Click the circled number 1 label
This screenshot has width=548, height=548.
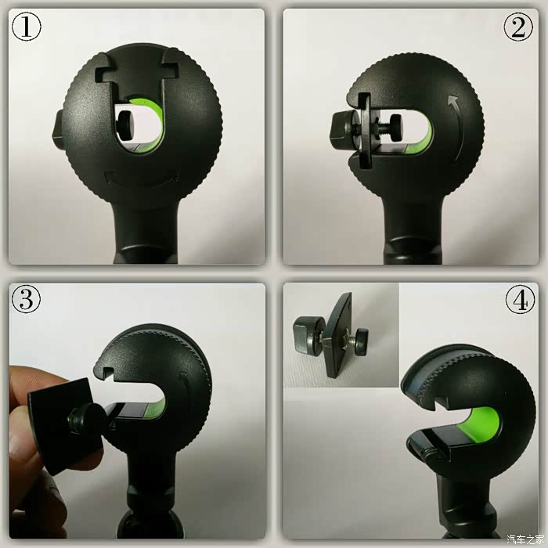(27, 27)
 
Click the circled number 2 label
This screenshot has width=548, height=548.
(518, 27)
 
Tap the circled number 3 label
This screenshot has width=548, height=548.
(26, 299)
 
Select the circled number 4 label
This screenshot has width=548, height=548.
(520, 299)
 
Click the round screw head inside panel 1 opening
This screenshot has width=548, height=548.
(124, 121)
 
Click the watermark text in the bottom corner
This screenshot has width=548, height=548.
(525, 539)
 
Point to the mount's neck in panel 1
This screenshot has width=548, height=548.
(145, 231)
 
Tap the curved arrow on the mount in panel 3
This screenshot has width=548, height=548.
(186, 391)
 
